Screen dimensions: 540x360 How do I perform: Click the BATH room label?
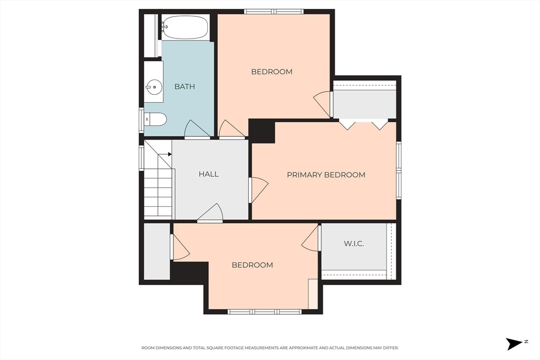(x=185, y=86)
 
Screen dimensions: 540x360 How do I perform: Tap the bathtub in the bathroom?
(x=185, y=27)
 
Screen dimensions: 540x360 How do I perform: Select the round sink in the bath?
(x=153, y=86)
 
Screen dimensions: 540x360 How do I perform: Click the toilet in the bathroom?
(x=156, y=119)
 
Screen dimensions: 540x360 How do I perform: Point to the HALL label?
(x=209, y=174)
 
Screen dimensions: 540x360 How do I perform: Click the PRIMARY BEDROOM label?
(x=326, y=175)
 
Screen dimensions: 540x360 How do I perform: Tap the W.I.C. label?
(x=354, y=244)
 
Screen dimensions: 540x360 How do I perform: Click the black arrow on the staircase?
(x=169, y=154)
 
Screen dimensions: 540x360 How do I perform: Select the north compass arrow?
(x=514, y=344)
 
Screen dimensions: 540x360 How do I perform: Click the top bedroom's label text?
(x=272, y=72)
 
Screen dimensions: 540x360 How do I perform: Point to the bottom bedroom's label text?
(x=253, y=265)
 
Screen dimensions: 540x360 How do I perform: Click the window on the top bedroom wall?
(x=274, y=12)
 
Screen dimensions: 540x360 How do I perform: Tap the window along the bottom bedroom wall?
(x=265, y=312)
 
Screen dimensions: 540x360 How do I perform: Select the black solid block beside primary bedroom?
(x=262, y=131)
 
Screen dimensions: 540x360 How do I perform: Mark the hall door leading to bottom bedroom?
(x=210, y=213)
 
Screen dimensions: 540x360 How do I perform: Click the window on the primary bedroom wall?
(x=399, y=170)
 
